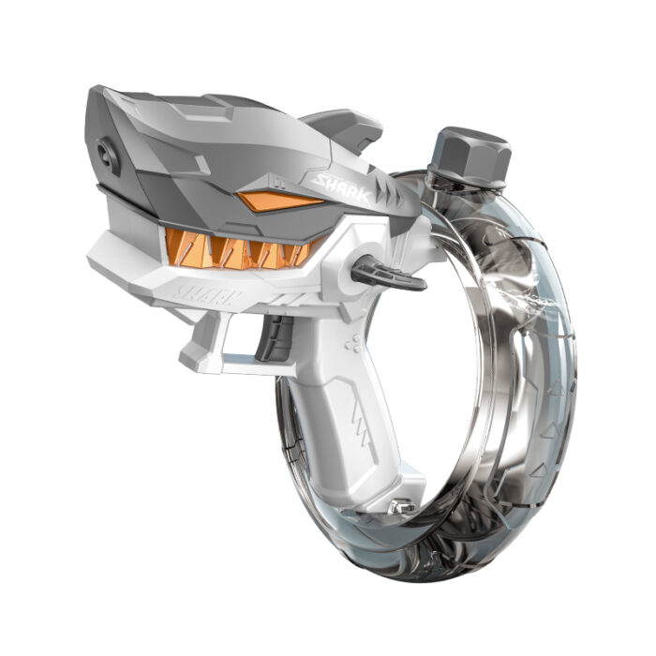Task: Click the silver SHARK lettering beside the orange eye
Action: click(x=343, y=189)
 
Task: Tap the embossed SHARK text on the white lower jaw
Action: click(x=207, y=295)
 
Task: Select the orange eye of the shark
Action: click(x=279, y=201)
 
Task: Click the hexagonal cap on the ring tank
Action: click(x=471, y=156)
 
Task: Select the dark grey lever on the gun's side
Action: click(x=387, y=274)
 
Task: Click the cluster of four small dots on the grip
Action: click(x=352, y=343)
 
